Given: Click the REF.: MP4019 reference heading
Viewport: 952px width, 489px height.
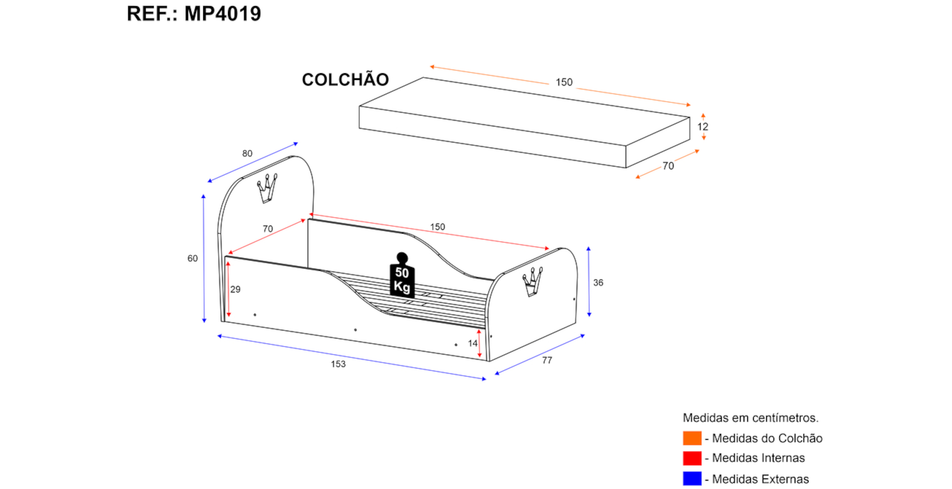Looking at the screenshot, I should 194,14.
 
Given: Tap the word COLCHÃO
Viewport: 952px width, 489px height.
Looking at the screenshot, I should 345,79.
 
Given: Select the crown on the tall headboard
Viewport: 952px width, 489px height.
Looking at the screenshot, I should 268,188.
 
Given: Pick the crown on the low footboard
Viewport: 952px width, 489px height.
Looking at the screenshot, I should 533,282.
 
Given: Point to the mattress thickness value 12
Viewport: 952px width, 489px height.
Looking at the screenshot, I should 703,127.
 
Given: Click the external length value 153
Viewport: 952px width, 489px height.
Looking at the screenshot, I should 338,364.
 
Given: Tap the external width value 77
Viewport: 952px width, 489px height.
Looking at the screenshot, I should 547,360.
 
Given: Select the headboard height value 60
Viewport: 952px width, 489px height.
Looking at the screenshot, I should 192,258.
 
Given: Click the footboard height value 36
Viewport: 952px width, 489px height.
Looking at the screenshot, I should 598,283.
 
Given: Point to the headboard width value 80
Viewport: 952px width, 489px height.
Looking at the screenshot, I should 247,154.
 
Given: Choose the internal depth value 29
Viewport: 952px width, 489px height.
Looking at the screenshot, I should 235,289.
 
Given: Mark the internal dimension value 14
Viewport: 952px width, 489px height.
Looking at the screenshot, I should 472,343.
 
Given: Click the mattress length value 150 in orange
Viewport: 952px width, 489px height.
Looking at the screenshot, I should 564,82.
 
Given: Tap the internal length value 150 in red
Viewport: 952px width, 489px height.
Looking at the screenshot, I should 437,227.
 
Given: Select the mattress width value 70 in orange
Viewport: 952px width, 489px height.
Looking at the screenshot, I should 668,166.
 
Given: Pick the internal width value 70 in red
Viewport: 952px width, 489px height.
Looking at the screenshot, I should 268,229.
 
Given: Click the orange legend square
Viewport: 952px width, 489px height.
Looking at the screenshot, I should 692,438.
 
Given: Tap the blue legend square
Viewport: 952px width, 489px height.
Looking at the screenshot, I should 692,479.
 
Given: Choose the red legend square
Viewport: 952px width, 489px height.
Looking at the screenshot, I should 692,458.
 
